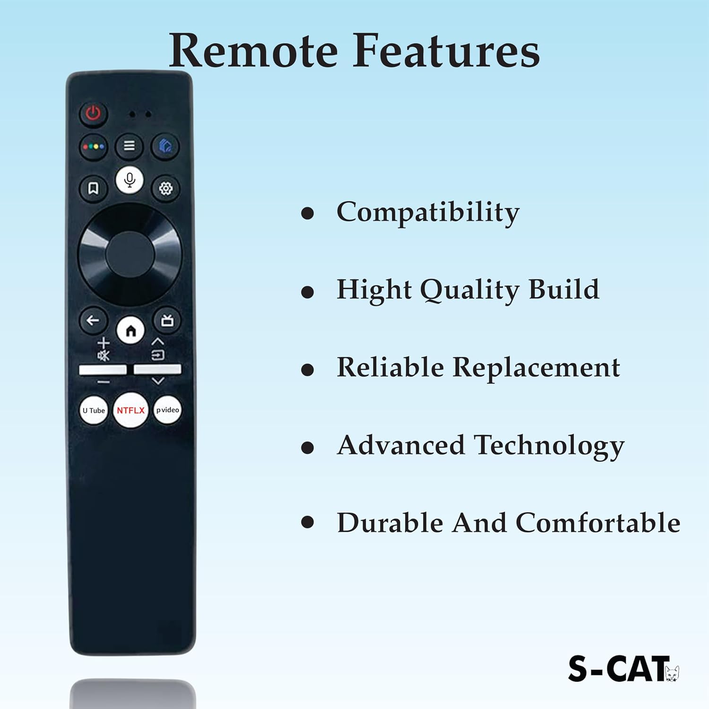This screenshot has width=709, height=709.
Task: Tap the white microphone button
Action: [130, 180]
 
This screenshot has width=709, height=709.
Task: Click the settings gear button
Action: [165, 189]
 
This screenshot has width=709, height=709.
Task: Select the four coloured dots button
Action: [94, 147]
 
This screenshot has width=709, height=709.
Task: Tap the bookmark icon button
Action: [93, 189]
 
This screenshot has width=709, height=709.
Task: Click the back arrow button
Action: [93, 320]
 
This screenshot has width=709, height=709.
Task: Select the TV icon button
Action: [167, 321]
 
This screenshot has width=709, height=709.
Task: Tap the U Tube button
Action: [94, 410]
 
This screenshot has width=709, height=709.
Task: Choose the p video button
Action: [168, 410]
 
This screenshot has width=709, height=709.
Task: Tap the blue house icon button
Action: [165, 146]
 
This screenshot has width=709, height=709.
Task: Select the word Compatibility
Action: [428, 212]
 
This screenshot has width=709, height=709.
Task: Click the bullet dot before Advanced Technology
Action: [308, 447]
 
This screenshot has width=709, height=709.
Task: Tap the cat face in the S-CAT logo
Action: [672, 673]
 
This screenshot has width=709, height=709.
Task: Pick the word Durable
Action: [390, 523]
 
